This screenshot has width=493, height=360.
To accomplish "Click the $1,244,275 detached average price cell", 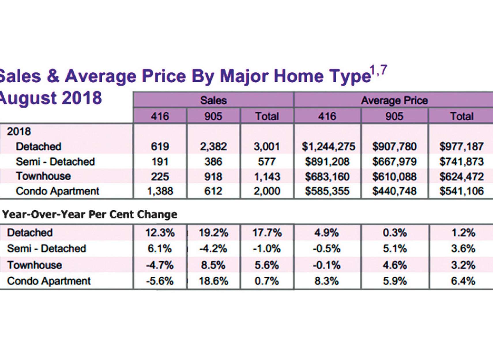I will (x=328, y=147).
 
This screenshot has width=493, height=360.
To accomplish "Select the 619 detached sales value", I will (x=160, y=147).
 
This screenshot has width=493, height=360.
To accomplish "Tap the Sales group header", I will (x=213, y=100).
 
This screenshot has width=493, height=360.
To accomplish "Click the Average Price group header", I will (x=394, y=100).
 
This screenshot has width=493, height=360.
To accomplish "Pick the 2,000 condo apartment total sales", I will (x=267, y=191).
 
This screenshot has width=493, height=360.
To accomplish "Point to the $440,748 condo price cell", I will (x=394, y=191).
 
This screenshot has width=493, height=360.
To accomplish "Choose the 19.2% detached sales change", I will (x=213, y=233).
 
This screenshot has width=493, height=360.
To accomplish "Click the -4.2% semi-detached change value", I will (x=213, y=249).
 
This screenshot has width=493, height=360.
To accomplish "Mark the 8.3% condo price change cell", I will (x=327, y=281).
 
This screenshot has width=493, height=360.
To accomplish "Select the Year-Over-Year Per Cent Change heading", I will (x=90, y=214).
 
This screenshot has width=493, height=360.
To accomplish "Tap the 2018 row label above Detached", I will (x=19, y=132).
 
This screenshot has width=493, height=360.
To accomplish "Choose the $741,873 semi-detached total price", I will (x=461, y=162).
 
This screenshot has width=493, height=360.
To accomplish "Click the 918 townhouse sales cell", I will (x=213, y=177).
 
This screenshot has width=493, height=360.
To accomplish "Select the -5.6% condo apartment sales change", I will (x=160, y=281).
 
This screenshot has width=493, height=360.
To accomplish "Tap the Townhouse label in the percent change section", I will (x=35, y=265).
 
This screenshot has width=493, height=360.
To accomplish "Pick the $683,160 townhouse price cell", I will (x=327, y=177).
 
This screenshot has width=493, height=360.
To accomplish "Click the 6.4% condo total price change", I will (x=463, y=281).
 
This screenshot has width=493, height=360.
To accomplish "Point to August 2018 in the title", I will (x=50, y=98).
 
